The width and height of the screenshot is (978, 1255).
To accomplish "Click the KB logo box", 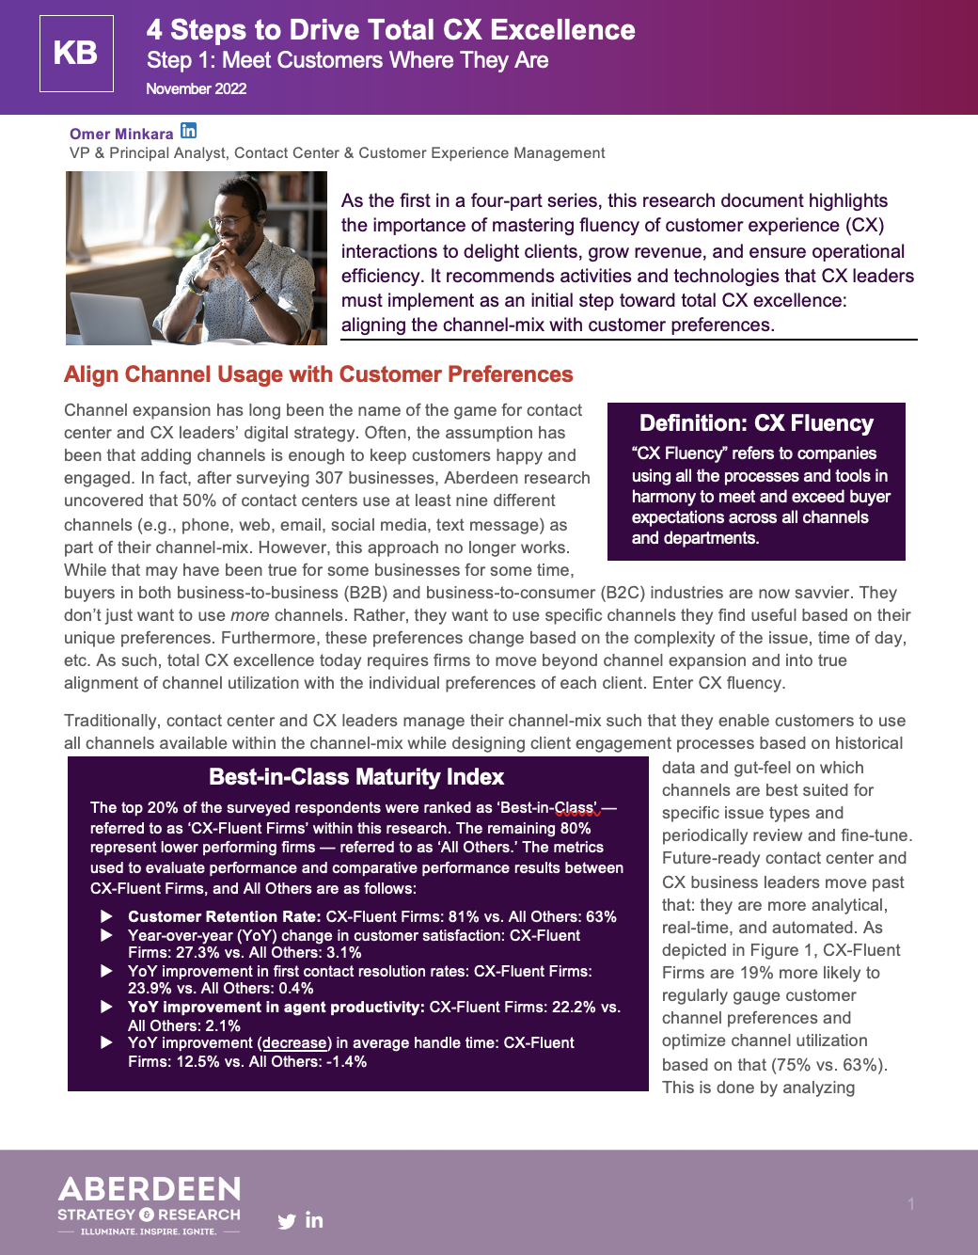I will click(x=76, y=54).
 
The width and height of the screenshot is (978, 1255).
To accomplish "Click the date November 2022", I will click(x=196, y=88).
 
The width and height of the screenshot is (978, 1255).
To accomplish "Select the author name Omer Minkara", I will click(x=121, y=134).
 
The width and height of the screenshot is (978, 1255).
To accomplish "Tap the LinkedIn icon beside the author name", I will click(x=189, y=131).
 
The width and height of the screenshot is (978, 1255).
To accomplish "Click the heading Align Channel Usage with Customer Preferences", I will click(x=318, y=374).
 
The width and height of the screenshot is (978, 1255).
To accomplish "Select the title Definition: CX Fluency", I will click(x=756, y=423).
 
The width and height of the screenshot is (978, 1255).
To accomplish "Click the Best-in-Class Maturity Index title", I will click(x=356, y=777).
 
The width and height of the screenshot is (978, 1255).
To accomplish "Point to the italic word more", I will click(x=249, y=615).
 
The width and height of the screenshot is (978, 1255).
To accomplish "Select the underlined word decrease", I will click(x=294, y=1042).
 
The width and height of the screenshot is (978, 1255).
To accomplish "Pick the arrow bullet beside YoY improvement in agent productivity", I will click(x=106, y=1007).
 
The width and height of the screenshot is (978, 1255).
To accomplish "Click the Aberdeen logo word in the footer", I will click(x=150, y=1189).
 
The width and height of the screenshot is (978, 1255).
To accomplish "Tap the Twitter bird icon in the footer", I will click(x=287, y=1222).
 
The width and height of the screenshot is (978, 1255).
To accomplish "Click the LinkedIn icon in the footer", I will click(x=314, y=1220).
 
